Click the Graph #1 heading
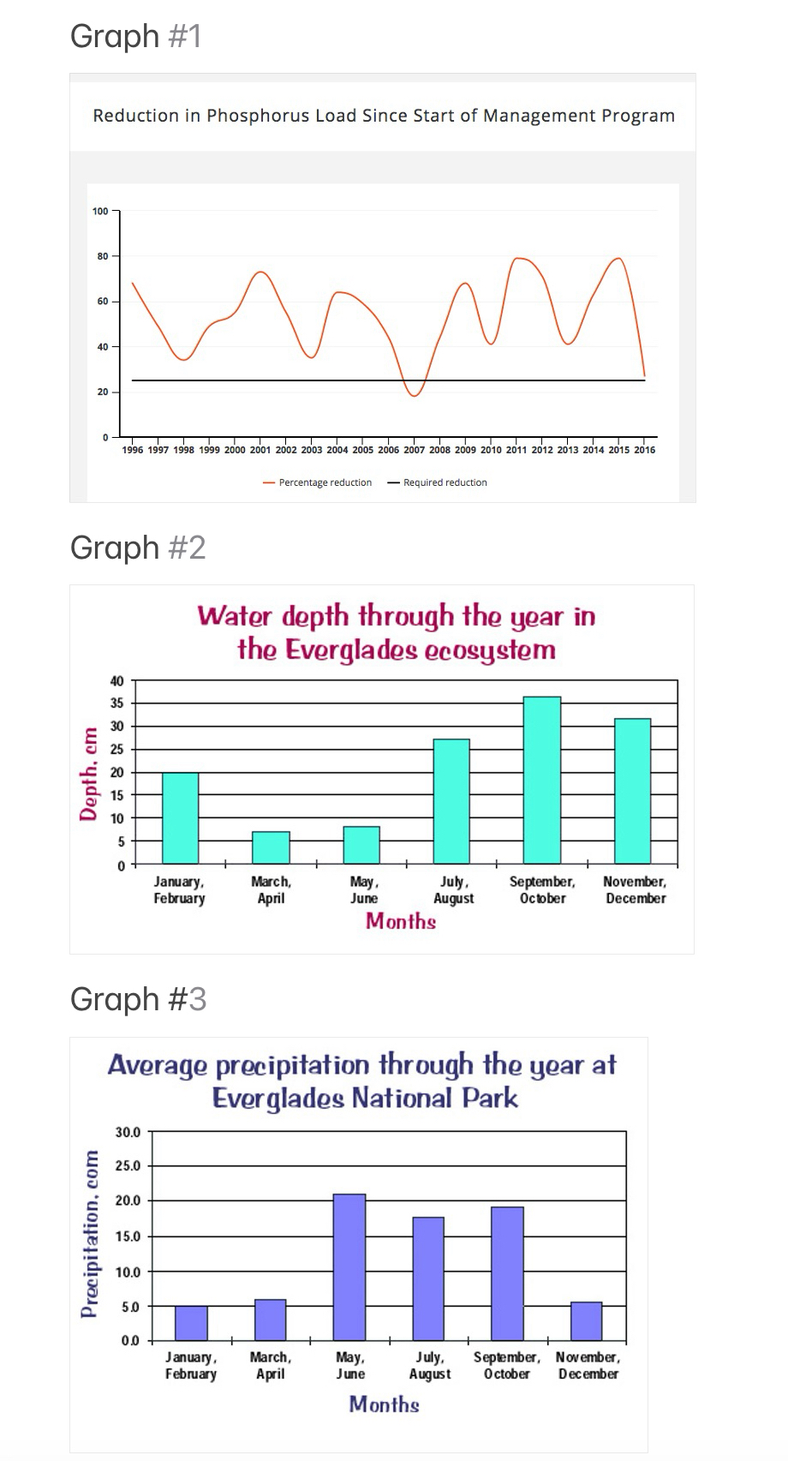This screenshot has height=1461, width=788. [135, 36]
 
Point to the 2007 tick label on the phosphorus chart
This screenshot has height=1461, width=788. [414, 450]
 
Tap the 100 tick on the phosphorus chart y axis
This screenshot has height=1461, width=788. [100, 211]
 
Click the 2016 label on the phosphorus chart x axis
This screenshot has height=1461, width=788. [645, 450]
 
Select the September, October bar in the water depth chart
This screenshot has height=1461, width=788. [542, 780]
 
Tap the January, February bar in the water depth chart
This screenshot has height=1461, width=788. [180, 817]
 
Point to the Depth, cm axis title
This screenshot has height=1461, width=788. [87, 774]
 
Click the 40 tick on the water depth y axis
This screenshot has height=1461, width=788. [116, 681]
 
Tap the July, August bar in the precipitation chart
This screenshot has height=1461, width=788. [428, 1278]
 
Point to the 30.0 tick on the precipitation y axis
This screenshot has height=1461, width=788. [128, 1132]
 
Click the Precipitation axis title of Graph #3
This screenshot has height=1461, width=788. [89, 1234]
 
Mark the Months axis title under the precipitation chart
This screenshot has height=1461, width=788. [384, 1404]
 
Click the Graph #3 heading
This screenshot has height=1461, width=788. [138, 999]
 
